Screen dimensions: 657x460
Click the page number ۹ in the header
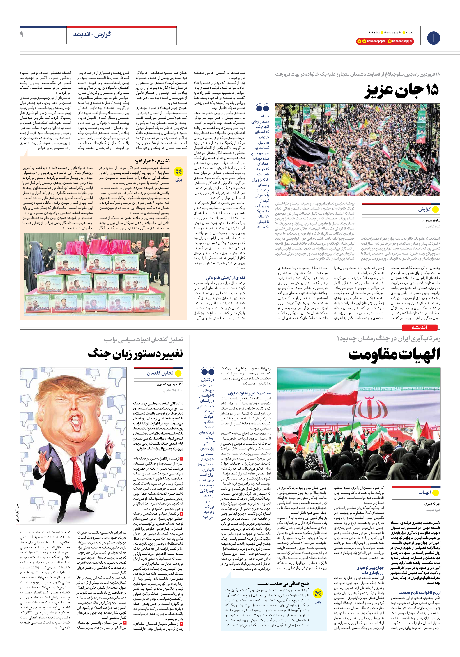22,34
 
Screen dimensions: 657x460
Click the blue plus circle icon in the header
433,38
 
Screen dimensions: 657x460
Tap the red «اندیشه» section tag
419,328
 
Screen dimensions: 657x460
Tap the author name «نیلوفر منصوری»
431,221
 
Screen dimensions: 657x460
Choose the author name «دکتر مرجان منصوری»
170,384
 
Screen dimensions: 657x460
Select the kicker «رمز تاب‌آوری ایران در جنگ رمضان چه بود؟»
388,339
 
